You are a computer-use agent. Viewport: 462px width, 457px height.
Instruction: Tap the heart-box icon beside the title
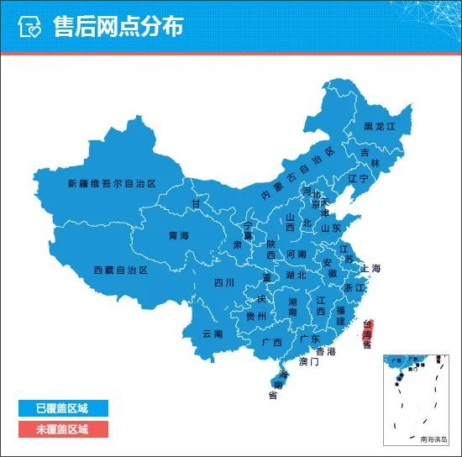coord(31,27)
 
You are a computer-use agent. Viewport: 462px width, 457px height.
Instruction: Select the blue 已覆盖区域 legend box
coord(63,409)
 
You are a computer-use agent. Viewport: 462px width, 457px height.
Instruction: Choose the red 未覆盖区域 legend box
coord(63,429)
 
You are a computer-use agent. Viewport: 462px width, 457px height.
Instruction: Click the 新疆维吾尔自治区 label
coord(113,183)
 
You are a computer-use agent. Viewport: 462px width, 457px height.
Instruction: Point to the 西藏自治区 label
coord(120,271)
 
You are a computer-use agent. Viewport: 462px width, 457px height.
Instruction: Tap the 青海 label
coord(178,236)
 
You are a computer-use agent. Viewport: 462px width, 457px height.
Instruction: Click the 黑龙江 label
coord(379,126)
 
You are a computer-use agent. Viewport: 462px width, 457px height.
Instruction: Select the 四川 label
coord(223,282)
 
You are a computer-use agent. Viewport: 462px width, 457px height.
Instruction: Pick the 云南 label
coord(213,334)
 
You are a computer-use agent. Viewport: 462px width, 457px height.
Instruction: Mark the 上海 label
coord(371,269)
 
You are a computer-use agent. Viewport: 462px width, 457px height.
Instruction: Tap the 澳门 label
coord(308,362)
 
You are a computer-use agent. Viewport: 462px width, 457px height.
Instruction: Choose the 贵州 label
coord(256,317)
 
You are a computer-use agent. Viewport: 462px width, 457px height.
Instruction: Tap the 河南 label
coord(297,253)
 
